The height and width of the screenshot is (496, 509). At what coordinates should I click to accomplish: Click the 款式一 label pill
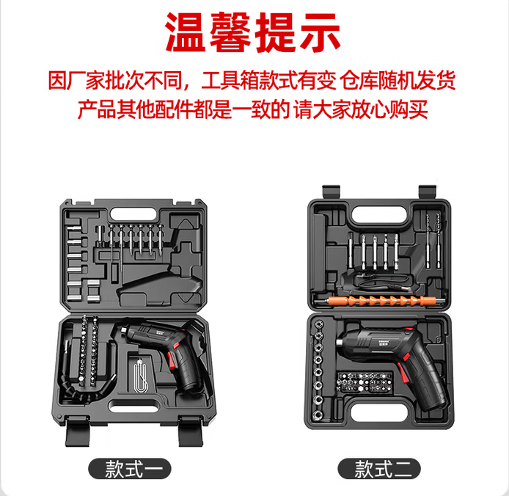point(130,468)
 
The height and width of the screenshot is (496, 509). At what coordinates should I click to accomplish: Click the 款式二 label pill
point(379,468)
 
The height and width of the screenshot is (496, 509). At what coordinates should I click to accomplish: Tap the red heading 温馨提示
point(253,32)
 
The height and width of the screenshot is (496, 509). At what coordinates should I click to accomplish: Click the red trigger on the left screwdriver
point(172,360)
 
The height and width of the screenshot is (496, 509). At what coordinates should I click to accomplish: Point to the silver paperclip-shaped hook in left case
point(140,375)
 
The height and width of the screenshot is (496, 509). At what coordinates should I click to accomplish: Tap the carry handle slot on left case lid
point(133,214)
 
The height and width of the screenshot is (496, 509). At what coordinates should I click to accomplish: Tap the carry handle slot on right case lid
point(380,215)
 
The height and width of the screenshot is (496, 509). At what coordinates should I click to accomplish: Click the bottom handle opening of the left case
point(133,406)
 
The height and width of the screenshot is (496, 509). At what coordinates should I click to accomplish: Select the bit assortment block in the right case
point(365,382)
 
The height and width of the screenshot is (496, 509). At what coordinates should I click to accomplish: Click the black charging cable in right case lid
point(383,280)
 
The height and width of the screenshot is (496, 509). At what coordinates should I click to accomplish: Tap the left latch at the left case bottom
point(77,431)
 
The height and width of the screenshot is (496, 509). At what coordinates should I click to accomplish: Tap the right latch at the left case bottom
point(191,431)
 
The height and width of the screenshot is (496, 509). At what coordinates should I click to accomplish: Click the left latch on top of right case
point(331,191)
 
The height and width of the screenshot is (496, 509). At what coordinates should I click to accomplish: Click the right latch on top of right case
point(427,191)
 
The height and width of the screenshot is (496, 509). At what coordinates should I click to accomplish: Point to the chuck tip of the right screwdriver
point(340,343)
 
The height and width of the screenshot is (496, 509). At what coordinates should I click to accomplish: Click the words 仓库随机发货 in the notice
point(398,80)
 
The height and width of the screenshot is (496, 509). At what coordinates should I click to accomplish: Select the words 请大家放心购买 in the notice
point(361,109)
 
